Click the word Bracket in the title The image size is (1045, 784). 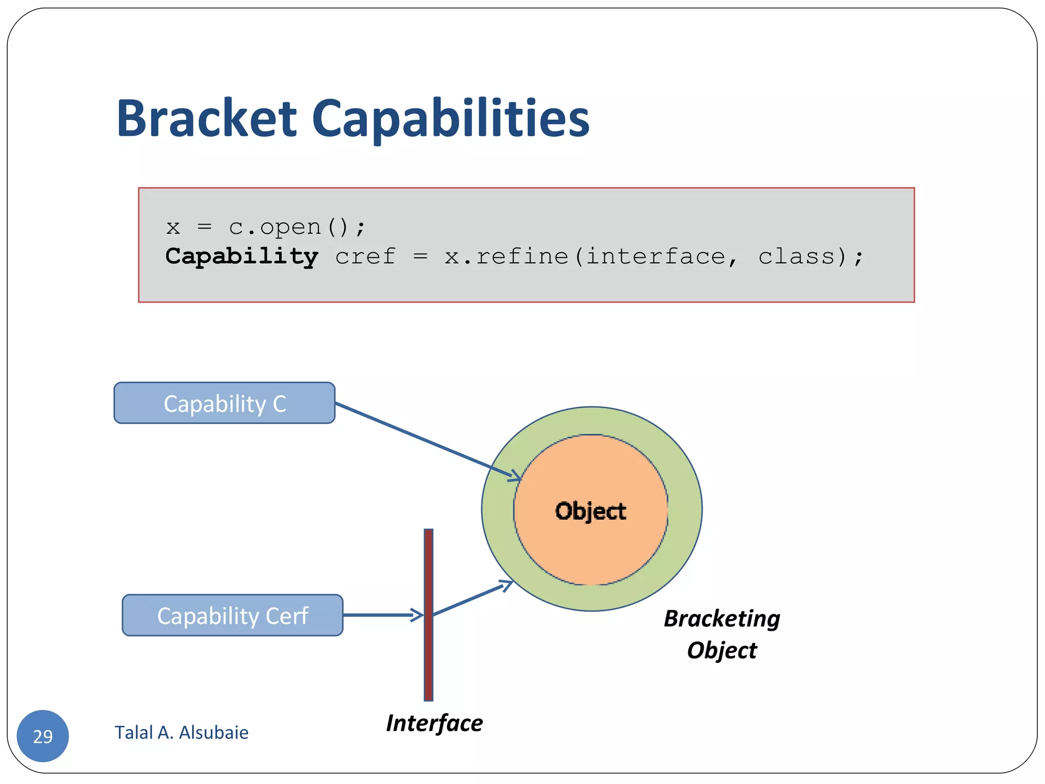pyautogui.click(x=206, y=118)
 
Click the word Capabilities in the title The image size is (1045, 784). pyautogui.click(x=450, y=118)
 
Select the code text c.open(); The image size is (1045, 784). pyautogui.click(x=297, y=227)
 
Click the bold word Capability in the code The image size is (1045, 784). pyautogui.click(x=241, y=256)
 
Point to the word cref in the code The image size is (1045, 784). pyautogui.click(x=365, y=256)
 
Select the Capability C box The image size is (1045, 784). pyautogui.click(x=225, y=403)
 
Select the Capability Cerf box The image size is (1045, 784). pyautogui.click(x=233, y=616)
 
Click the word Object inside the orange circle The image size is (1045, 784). pyautogui.click(x=590, y=511)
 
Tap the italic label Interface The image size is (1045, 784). pyautogui.click(x=434, y=723)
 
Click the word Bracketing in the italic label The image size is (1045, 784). pyautogui.click(x=722, y=619)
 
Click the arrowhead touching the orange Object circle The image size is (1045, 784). pyautogui.click(x=515, y=476)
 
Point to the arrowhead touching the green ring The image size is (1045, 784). pyautogui.click(x=507, y=585)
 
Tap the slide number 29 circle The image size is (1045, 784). pyautogui.click(x=43, y=736)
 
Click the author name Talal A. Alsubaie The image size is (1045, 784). pyautogui.click(x=182, y=732)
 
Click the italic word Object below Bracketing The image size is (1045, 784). pyautogui.click(x=722, y=650)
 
